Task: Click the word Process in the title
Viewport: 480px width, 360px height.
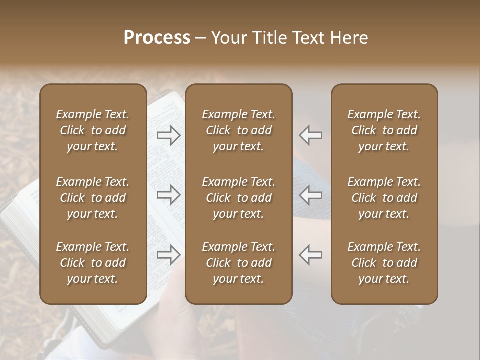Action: point(157,38)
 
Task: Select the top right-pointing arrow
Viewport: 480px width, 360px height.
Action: point(168,135)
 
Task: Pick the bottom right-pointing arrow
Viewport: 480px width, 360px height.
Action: point(168,255)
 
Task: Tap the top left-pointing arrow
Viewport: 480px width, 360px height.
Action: point(311,135)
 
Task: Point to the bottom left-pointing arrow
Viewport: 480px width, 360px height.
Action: point(311,255)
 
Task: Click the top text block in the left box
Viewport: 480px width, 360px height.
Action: point(93,130)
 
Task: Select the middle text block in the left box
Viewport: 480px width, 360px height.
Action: point(93,198)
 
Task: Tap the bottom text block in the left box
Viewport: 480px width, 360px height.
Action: point(93,263)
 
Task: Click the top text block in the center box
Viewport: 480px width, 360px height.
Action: point(238,130)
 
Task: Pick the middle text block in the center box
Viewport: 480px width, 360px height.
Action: point(238,198)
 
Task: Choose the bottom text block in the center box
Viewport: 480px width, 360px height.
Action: point(238,263)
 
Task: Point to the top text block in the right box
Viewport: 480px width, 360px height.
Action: point(384,130)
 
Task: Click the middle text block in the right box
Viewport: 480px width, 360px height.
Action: point(384,198)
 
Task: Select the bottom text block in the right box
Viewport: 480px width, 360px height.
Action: point(384,263)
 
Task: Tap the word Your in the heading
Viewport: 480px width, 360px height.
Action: point(228,38)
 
